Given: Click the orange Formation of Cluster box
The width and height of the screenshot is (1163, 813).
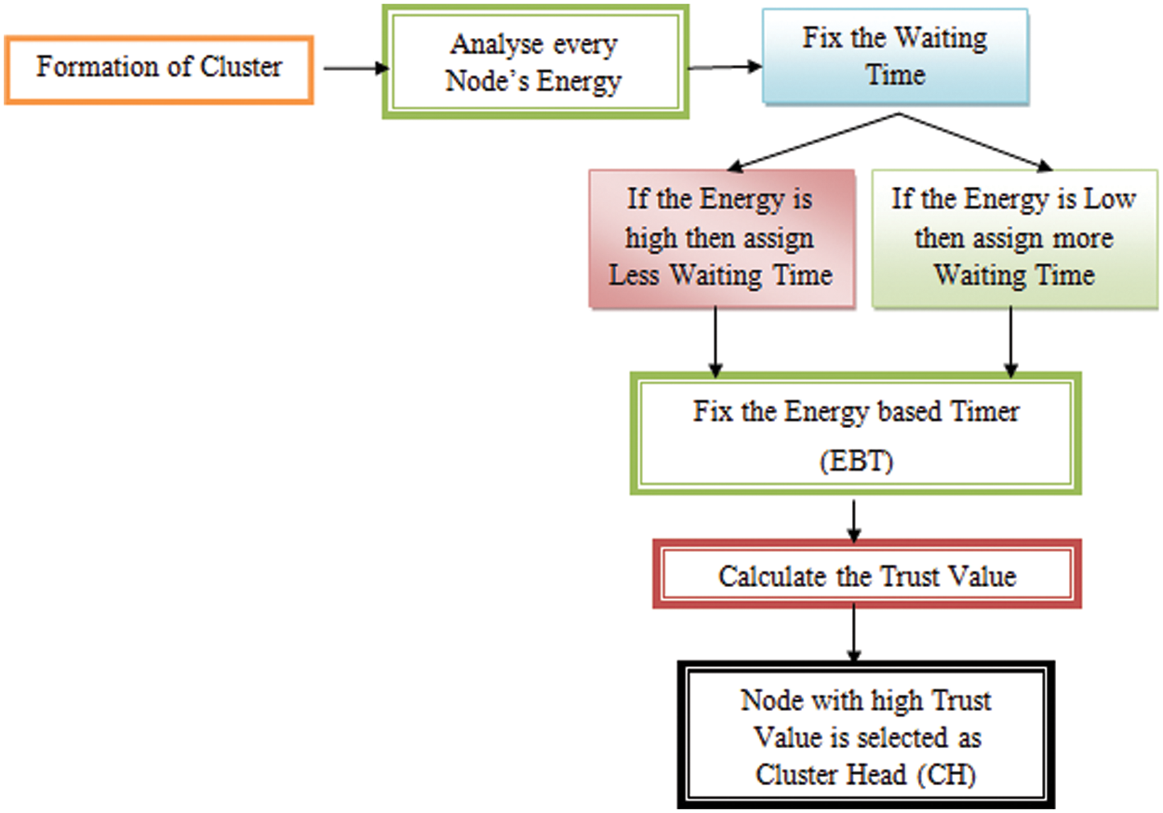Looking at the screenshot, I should click(x=159, y=69).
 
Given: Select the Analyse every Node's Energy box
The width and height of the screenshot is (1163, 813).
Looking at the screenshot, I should click(x=535, y=62).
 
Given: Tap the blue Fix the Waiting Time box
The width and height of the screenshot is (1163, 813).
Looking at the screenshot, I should click(x=896, y=56).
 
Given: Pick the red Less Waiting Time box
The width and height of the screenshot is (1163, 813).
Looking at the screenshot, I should click(x=721, y=238).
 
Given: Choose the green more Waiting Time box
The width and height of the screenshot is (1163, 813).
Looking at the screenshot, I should click(x=1014, y=238).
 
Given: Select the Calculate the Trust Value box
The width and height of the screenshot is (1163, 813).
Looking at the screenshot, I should click(x=867, y=576).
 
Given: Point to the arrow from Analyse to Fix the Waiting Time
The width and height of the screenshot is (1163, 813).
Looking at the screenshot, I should click(x=724, y=66).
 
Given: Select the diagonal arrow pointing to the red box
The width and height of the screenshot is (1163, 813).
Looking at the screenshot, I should click(x=813, y=141).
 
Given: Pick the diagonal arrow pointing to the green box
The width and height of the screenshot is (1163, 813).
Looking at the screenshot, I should click(x=977, y=141).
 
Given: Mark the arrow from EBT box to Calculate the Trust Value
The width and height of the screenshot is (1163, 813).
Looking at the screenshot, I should click(x=853, y=520).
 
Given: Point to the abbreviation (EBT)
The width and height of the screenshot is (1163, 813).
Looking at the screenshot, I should click(x=857, y=462).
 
